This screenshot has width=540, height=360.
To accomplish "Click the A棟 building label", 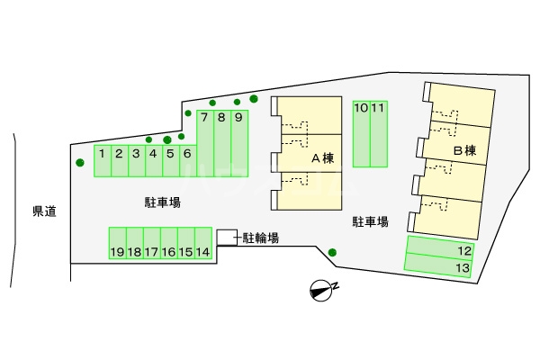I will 322,157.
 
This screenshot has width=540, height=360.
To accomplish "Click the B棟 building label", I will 463,150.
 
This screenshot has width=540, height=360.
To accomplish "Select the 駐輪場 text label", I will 260,238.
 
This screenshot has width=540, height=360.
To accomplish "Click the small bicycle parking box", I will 226,236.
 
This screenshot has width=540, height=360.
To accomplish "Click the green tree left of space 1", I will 80,163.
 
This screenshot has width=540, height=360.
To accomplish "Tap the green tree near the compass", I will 332,252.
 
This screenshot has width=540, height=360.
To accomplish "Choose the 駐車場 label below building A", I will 369,220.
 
